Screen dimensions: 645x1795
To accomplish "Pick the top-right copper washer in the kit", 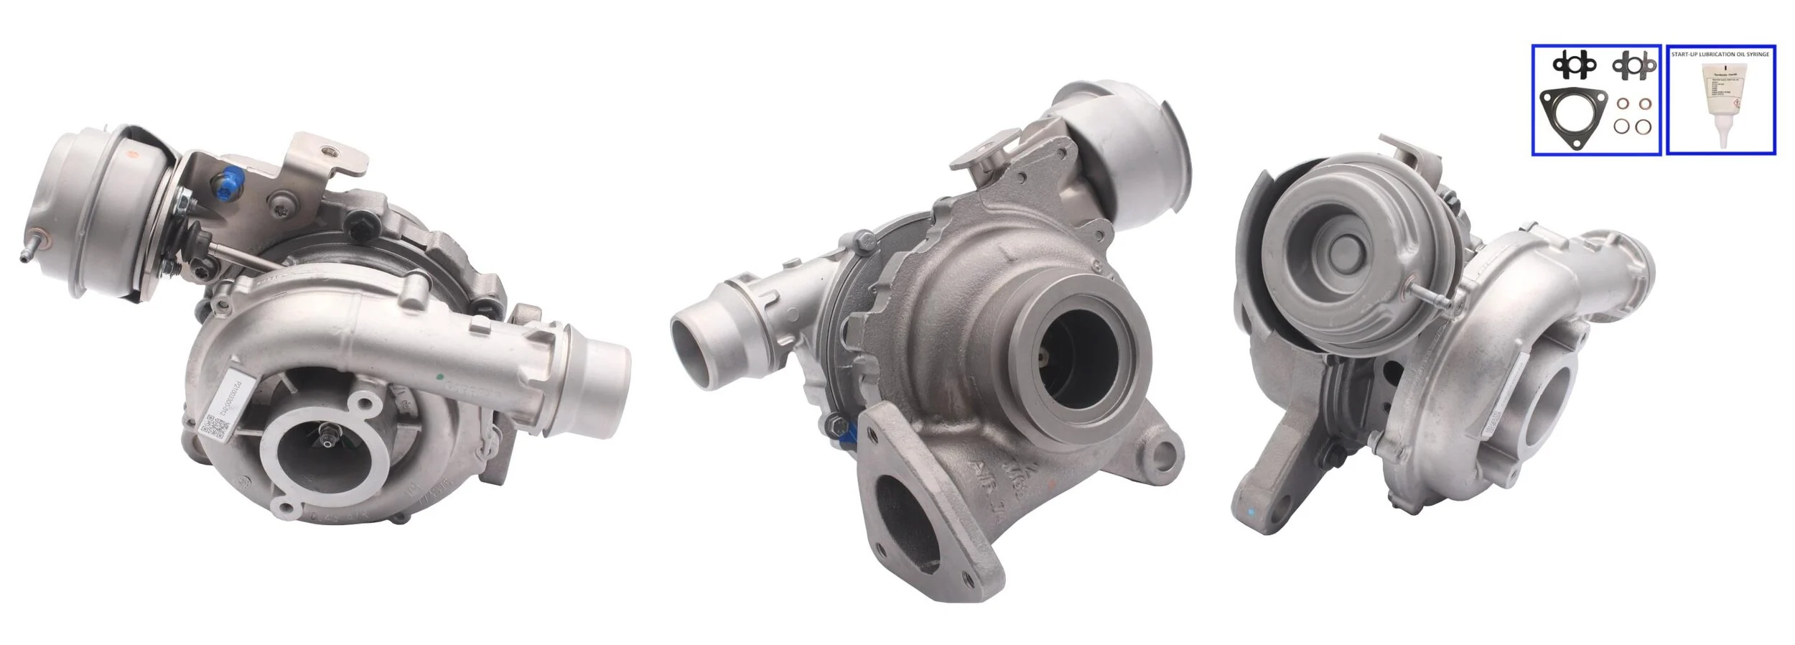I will click(1638, 104).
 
